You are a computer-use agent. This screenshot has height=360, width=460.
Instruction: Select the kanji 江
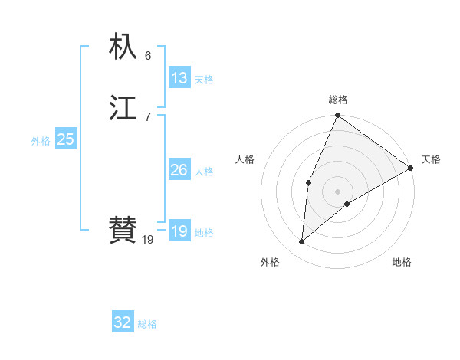(x=123, y=109)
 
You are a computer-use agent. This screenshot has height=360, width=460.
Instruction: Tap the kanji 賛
(x=123, y=230)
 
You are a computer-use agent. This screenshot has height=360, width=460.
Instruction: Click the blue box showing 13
(x=179, y=78)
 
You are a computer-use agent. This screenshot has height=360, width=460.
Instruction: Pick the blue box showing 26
(x=179, y=170)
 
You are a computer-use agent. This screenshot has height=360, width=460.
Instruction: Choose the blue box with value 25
(x=65, y=139)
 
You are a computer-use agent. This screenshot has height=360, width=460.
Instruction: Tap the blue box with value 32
(x=123, y=322)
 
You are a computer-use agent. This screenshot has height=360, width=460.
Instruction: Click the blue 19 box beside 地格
(x=179, y=231)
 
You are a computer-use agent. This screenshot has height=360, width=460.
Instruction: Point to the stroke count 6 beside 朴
(x=148, y=55)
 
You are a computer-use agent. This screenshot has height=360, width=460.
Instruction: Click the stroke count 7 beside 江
(x=148, y=117)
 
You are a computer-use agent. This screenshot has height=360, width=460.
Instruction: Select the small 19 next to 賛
(x=148, y=240)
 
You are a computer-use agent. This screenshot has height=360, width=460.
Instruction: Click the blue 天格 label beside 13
(x=204, y=80)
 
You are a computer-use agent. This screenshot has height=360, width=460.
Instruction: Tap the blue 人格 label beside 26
(x=204, y=172)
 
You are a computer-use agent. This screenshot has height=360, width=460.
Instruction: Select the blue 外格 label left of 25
(x=41, y=141)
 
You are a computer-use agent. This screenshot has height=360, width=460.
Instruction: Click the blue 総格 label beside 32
(x=147, y=324)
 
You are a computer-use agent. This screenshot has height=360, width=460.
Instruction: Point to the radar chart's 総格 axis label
(x=337, y=100)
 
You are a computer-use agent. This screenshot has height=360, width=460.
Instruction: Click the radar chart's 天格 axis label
(x=431, y=159)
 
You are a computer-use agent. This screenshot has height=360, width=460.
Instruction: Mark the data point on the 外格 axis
(x=302, y=242)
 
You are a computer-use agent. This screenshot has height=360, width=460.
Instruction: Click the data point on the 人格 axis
(x=308, y=182)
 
